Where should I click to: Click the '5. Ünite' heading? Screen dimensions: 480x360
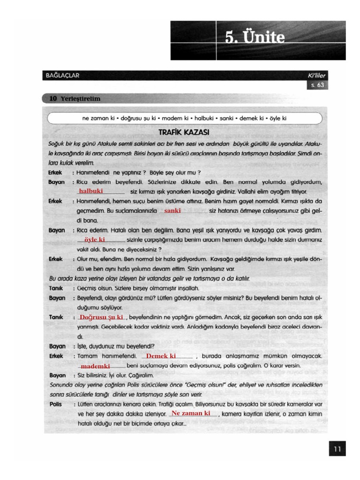(x=255, y=37)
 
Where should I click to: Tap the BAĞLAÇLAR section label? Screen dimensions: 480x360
(x=62, y=75)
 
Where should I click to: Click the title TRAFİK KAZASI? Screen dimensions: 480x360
(x=184, y=132)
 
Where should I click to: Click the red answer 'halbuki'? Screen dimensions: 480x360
(x=91, y=191)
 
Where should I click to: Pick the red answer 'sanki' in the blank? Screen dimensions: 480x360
(x=172, y=211)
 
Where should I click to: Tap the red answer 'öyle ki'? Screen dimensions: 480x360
(x=94, y=240)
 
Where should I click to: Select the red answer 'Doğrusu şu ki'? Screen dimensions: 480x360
(x=101, y=317)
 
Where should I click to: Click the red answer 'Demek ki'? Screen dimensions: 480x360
(x=161, y=356)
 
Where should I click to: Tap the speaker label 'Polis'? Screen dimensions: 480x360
(x=55, y=404)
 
